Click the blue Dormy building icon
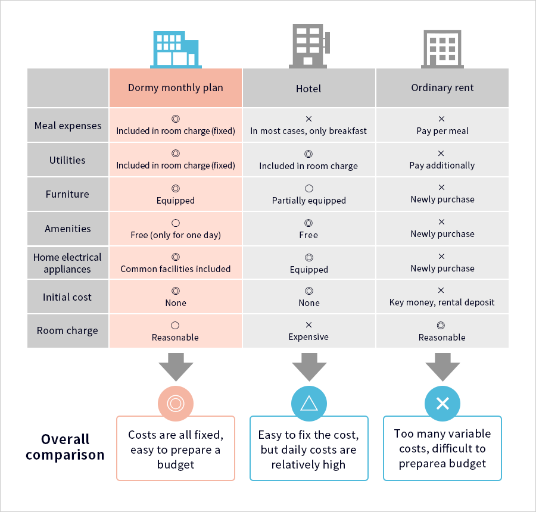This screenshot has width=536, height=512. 176,49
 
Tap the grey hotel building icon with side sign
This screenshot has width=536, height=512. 309,46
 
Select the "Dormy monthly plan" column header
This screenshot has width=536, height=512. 175,88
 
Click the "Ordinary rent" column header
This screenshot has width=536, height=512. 442,88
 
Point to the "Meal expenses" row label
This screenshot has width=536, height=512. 68,126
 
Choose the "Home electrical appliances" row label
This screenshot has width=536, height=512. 67,263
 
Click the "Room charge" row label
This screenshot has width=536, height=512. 67,331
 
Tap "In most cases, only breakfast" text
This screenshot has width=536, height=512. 308,131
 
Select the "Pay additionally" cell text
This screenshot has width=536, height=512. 442,166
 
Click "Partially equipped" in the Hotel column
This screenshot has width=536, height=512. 308,201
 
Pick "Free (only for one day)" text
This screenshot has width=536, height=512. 176,235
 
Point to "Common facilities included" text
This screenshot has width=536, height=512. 175,269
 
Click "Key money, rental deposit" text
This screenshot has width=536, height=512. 442,302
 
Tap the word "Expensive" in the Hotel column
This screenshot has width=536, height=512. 308,337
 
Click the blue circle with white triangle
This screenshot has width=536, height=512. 309,404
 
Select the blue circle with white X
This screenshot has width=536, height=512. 442,404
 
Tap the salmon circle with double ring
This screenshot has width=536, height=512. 176,404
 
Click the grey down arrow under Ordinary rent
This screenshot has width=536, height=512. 442,367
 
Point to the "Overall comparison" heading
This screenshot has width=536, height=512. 65,447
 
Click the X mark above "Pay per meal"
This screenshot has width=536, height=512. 442,119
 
